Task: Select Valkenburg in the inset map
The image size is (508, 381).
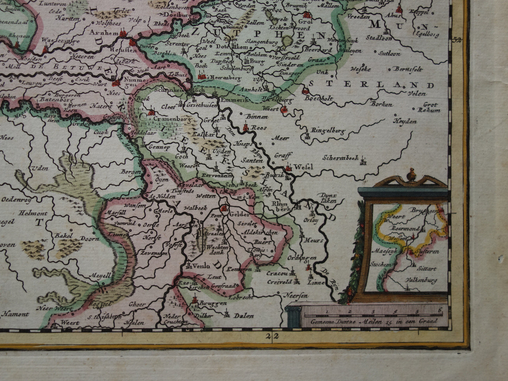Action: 421,280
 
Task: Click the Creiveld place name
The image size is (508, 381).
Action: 280,282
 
